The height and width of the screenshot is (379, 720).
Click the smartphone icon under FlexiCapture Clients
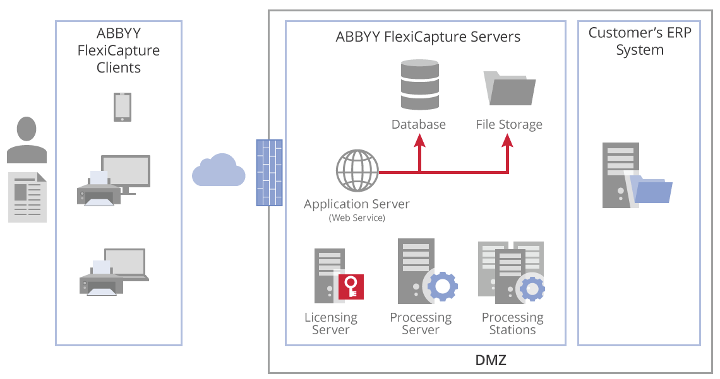(123, 107)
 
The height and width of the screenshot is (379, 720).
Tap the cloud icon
(219, 171)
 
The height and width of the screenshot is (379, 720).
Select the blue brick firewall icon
(268, 173)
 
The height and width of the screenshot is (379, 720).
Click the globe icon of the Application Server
(357, 170)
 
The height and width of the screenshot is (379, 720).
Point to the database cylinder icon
(419, 85)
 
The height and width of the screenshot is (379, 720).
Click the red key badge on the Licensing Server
(351, 286)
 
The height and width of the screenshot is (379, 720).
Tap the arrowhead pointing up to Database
(419, 142)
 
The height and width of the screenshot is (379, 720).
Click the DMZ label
(491, 361)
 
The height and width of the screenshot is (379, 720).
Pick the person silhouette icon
(27, 140)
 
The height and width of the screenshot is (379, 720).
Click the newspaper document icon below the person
(27, 197)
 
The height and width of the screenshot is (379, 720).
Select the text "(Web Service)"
(357, 218)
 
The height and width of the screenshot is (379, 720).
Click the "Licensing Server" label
(331, 324)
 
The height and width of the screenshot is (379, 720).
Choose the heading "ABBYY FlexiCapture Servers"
(428, 37)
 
